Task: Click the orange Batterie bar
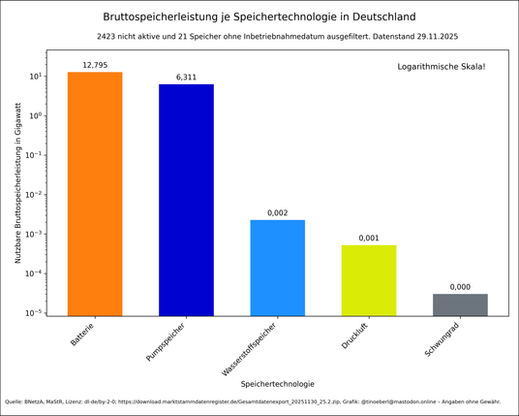pos(95,194)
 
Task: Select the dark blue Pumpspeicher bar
pos(186,199)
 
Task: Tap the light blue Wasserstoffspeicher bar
pos(277,268)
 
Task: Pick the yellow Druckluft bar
pos(369,280)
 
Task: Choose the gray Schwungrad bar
pos(460,304)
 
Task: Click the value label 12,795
pos(95,65)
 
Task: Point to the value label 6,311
pos(186,77)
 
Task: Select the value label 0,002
pos(277,212)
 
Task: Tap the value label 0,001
pos(369,238)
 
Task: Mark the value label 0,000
pos(460,287)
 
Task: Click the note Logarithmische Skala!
pos(442,66)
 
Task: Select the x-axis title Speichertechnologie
pos(277,383)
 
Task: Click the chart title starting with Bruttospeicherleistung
pos(259,16)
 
